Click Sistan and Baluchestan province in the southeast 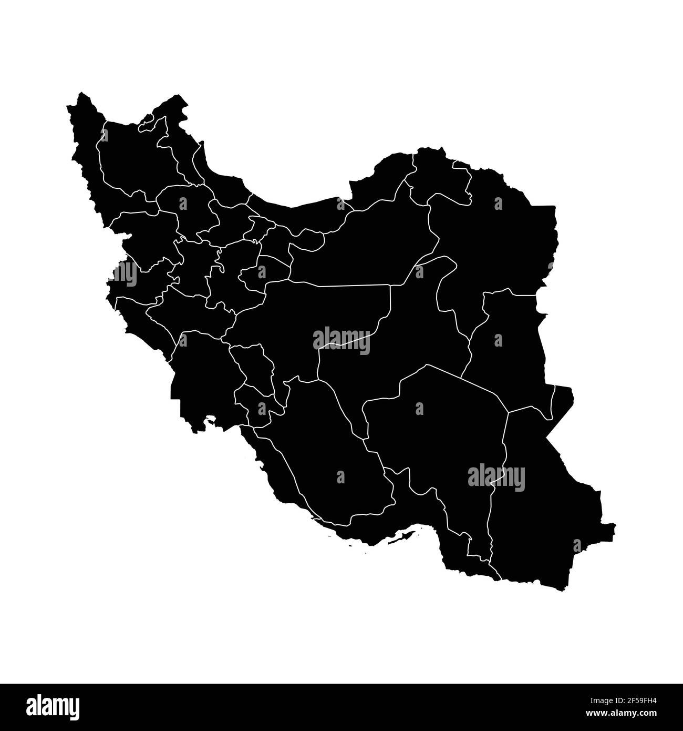pyautogui.click(x=546, y=505)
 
